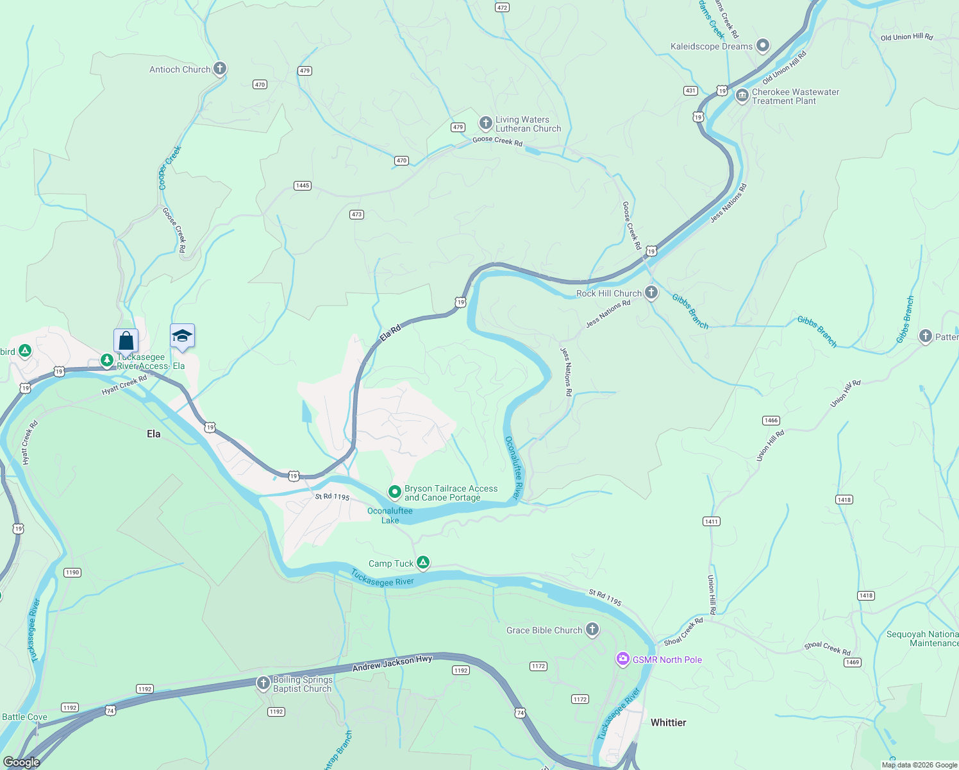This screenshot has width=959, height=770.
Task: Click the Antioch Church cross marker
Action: coord(220,69)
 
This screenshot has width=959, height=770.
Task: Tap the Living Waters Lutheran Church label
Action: coord(528,124)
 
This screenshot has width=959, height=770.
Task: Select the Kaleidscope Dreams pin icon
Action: coord(762,46)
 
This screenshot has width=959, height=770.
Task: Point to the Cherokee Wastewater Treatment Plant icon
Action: coord(742,96)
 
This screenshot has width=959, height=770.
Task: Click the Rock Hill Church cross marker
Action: coord(651,293)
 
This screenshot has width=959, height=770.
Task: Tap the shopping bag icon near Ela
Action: coord(126,340)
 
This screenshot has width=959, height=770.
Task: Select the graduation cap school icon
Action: coord(182,336)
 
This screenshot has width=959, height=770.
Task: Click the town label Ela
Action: coord(154,434)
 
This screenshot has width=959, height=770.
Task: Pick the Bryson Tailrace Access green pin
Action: coord(395,492)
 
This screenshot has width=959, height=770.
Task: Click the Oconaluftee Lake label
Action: coord(390,515)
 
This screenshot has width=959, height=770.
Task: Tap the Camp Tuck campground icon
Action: coord(423,563)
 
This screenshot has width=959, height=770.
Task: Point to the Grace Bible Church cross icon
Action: coord(592,629)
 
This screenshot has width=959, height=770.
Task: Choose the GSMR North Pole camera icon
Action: coord(622,659)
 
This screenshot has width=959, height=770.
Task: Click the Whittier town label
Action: coord(668,723)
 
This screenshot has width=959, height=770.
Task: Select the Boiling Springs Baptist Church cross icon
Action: coord(263,683)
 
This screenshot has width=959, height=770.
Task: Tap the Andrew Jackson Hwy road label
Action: coord(392,663)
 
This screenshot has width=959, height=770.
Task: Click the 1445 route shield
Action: coord(303,185)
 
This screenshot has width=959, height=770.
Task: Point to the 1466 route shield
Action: coord(771,420)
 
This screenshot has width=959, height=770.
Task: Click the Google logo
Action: coord(21,762)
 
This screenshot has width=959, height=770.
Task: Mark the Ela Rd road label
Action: coord(390,332)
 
